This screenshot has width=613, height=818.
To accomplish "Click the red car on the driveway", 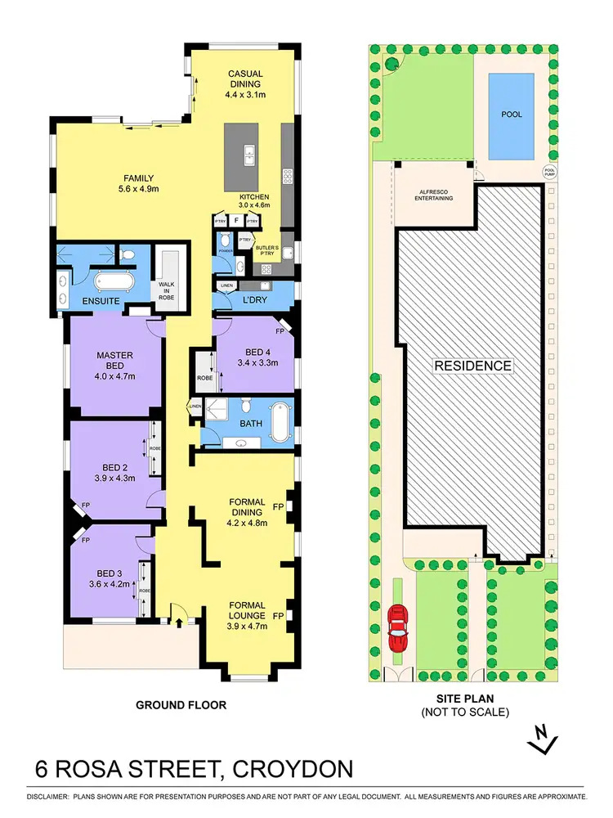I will pyautogui.click(x=398, y=627).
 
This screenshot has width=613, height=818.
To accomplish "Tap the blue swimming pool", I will pyautogui.click(x=512, y=115).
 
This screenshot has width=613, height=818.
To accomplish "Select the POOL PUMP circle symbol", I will pyautogui.click(x=550, y=173).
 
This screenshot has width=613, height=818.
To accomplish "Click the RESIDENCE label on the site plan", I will pyautogui.click(x=472, y=366).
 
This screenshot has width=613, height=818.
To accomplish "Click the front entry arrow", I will pyautogui.click(x=179, y=623).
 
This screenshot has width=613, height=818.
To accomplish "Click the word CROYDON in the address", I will pyautogui.click(x=293, y=770).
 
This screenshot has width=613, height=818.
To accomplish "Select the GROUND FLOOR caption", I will pyautogui.click(x=181, y=704).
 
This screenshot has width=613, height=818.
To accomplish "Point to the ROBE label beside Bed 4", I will pyautogui.click(x=204, y=379).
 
